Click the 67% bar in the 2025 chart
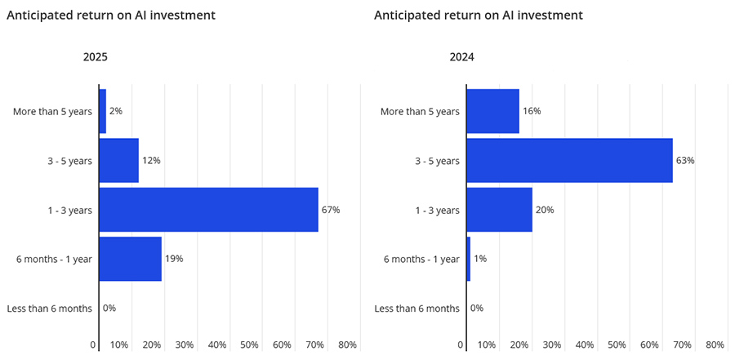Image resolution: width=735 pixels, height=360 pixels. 208,210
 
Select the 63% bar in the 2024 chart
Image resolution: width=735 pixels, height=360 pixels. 569,160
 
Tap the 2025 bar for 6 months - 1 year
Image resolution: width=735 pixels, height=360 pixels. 130,259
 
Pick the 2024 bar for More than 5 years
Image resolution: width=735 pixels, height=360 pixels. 492,111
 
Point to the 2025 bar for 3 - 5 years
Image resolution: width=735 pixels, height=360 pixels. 118,160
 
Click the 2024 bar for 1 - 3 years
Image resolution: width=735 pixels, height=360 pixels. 499,210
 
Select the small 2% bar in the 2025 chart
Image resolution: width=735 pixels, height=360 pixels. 102,111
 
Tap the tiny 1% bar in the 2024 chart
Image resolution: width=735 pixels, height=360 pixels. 468,259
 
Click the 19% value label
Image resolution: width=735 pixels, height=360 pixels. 174,259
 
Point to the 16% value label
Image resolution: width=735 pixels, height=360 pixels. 532,111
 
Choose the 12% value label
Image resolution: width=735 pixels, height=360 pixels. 151,160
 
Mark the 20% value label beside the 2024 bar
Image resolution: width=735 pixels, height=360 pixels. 545,210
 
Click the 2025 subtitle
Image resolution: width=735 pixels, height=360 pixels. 95,58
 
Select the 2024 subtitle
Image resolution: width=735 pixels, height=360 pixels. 462,58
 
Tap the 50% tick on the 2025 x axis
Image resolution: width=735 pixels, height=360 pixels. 249,345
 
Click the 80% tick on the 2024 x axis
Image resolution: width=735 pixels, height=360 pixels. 715,345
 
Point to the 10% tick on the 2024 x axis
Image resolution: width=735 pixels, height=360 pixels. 486,345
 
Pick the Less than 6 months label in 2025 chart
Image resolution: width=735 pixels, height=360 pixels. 49,309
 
